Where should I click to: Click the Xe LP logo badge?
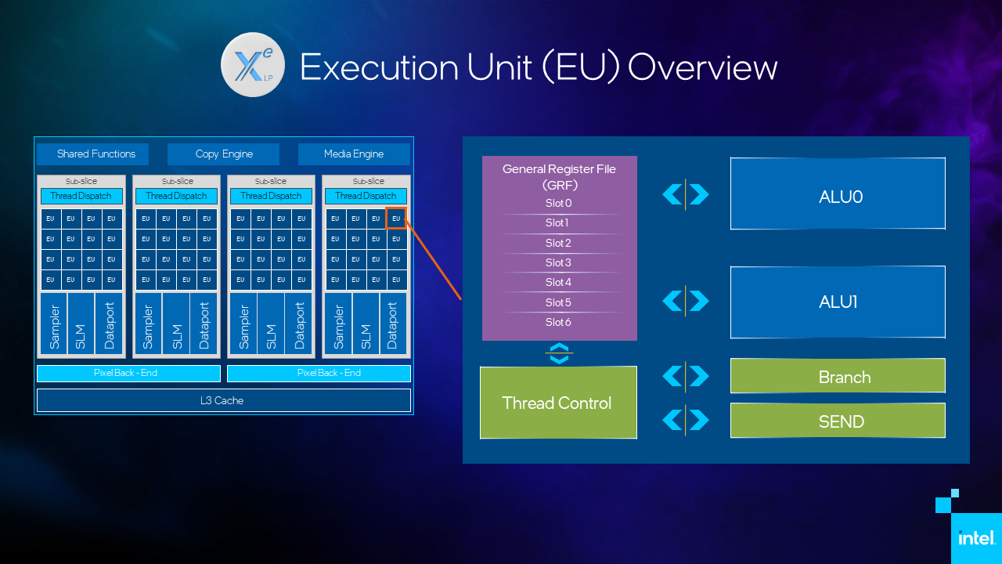pos(251,64)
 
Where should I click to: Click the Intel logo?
pos(976,538)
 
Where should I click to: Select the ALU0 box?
pos(838,193)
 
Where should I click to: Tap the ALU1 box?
pos(838,302)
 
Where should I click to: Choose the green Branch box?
pos(838,376)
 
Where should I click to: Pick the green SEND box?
pos(838,421)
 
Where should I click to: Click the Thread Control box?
pos(557,403)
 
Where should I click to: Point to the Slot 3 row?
pos(559,262)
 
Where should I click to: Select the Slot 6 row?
pos(559,322)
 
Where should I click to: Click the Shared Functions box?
pos(96,154)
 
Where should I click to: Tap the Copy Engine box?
pos(224,154)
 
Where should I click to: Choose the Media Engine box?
pos(354,154)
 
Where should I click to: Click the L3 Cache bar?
pos(223,400)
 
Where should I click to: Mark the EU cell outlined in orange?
pos(396,218)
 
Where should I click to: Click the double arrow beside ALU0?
pos(686,193)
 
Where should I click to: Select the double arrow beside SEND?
pos(686,420)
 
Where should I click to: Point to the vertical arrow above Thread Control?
pos(559,353)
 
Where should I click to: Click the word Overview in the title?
pos(702,67)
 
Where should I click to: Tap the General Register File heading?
pos(559,176)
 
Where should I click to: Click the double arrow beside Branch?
pos(686,377)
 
